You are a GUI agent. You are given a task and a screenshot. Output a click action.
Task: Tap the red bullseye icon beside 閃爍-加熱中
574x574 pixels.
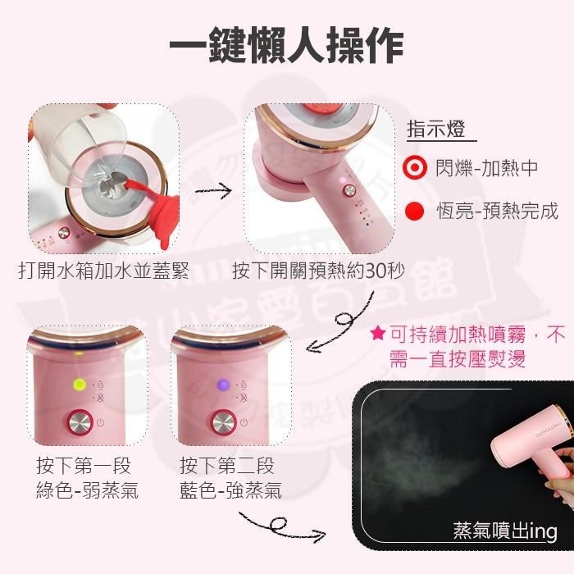[416, 168]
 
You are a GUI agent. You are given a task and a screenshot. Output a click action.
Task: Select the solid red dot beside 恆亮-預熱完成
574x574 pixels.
[416, 212]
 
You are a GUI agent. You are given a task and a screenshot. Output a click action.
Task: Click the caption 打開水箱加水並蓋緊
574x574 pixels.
[103, 271]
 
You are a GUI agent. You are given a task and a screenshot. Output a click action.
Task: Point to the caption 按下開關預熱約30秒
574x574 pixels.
[312, 271]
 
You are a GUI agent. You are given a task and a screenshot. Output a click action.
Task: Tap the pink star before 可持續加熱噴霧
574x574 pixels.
[377, 334]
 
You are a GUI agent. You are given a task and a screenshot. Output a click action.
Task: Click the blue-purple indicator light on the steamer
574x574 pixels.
[221, 383]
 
